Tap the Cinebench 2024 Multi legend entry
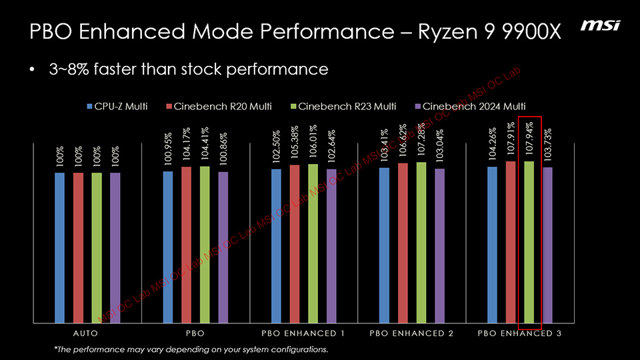tap(469, 106)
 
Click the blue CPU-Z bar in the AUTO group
tap(60, 247)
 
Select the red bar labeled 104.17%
tap(186, 244)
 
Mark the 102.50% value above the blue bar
tap(276, 148)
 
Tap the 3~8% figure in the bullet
tap(69, 69)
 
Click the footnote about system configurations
tap(191, 349)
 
